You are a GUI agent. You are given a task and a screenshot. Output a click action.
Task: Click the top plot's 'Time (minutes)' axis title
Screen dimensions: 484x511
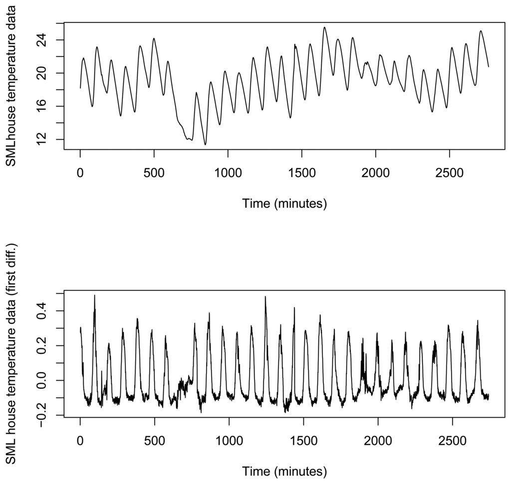(284, 203)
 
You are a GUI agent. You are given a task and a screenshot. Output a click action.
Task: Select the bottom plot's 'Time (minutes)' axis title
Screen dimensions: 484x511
(284, 471)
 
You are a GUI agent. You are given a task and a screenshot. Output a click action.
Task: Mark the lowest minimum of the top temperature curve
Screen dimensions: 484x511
(205, 145)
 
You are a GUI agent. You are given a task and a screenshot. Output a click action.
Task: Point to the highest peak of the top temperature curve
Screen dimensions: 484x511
(324, 27)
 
